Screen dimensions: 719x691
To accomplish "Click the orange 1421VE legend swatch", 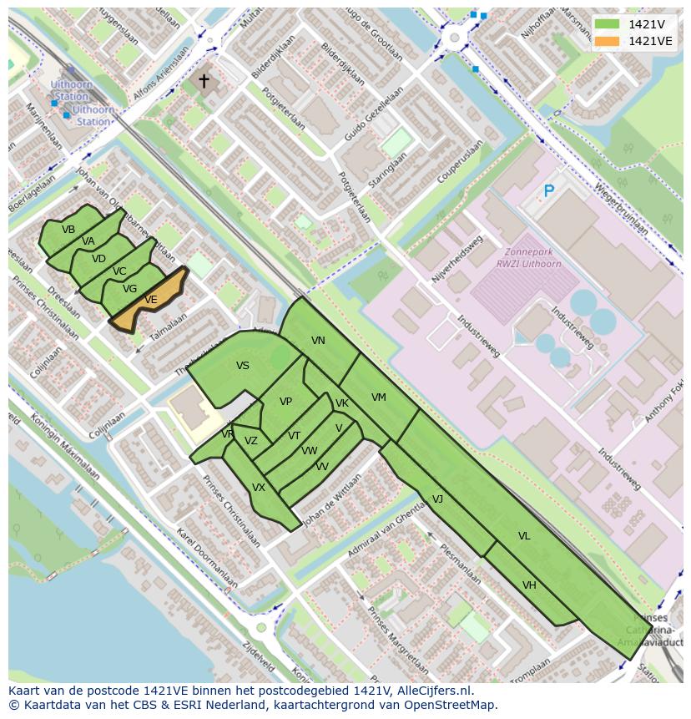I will click(x=608, y=41).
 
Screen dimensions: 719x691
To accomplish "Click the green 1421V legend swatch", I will click(x=608, y=24).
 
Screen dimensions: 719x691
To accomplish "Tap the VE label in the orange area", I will click(x=151, y=300).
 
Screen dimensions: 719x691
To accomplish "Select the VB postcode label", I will click(x=68, y=230).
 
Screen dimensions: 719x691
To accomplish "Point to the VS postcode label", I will click(x=243, y=366).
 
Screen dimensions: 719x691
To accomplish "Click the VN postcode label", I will click(x=318, y=341).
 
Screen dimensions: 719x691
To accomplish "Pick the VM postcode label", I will click(x=379, y=397).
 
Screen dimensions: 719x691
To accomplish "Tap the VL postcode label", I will click(x=524, y=536).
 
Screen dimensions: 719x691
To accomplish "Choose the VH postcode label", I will click(x=529, y=585).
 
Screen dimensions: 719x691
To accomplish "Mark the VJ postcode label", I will click(x=437, y=499).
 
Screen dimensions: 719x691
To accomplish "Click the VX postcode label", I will click(x=259, y=488).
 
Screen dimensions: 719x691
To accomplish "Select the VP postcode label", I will click(x=285, y=402).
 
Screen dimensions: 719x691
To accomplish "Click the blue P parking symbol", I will click(x=548, y=192).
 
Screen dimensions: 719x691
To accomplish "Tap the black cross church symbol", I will click(x=204, y=81).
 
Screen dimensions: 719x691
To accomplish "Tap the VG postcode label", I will click(x=129, y=289).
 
